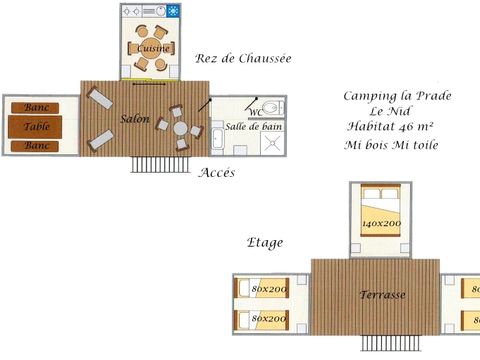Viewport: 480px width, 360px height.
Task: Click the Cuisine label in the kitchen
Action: tap(152, 48)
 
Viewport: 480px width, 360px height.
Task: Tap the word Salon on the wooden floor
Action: tap(135, 119)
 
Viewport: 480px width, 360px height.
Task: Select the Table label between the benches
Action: tap(37, 127)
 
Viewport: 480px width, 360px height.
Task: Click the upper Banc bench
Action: tap(37, 108)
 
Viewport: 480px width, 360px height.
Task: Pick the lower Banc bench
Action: tap(37, 146)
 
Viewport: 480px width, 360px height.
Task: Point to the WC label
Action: tap(255, 113)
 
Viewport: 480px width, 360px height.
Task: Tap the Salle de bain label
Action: tap(248, 128)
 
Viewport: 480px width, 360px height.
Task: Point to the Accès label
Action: tap(217, 173)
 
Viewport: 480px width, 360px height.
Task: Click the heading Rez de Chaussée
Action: tap(244, 59)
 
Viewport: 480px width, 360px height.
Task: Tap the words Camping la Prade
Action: tap(397, 96)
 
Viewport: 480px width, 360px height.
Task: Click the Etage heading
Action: tap(265, 242)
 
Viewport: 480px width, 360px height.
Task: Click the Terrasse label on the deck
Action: tap(383, 296)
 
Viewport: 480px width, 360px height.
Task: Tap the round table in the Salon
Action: tap(180, 128)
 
